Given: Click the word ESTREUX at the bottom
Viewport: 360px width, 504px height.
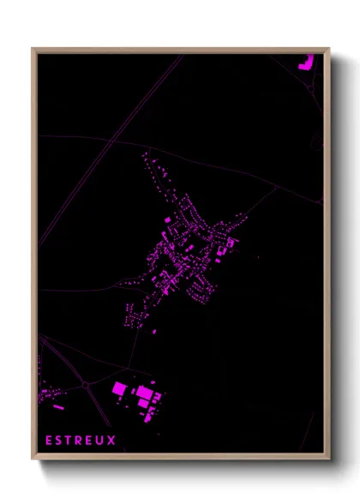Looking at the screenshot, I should click(x=81, y=441).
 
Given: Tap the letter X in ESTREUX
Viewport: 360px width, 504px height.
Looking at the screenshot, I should click(x=111, y=441).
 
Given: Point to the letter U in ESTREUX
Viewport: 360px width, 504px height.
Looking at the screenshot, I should click(x=100, y=441).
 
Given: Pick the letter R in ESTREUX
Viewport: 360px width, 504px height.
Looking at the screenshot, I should click(x=81, y=441).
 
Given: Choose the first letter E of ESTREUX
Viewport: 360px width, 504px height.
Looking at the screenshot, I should click(x=50, y=441).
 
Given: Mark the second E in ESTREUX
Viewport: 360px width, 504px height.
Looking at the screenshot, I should click(x=90, y=441).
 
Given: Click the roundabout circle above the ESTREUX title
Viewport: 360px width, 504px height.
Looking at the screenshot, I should click(x=87, y=386).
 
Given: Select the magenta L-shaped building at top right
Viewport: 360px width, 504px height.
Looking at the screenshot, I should click(x=305, y=62).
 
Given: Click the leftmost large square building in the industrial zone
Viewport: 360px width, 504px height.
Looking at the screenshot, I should click(x=119, y=388).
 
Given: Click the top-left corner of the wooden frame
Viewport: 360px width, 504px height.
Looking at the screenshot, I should click(x=33, y=50).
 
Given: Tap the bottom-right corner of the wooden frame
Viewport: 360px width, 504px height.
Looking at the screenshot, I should click(x=328, y=459).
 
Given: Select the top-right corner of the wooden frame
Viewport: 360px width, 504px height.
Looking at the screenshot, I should click(x=328, y=50).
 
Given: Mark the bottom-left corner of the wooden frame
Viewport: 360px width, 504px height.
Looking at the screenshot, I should click(x=33, y=459).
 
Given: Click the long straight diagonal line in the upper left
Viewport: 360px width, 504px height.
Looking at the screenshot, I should click(x=111, y=146).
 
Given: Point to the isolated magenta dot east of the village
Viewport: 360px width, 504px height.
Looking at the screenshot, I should click(x=258, y=256).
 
